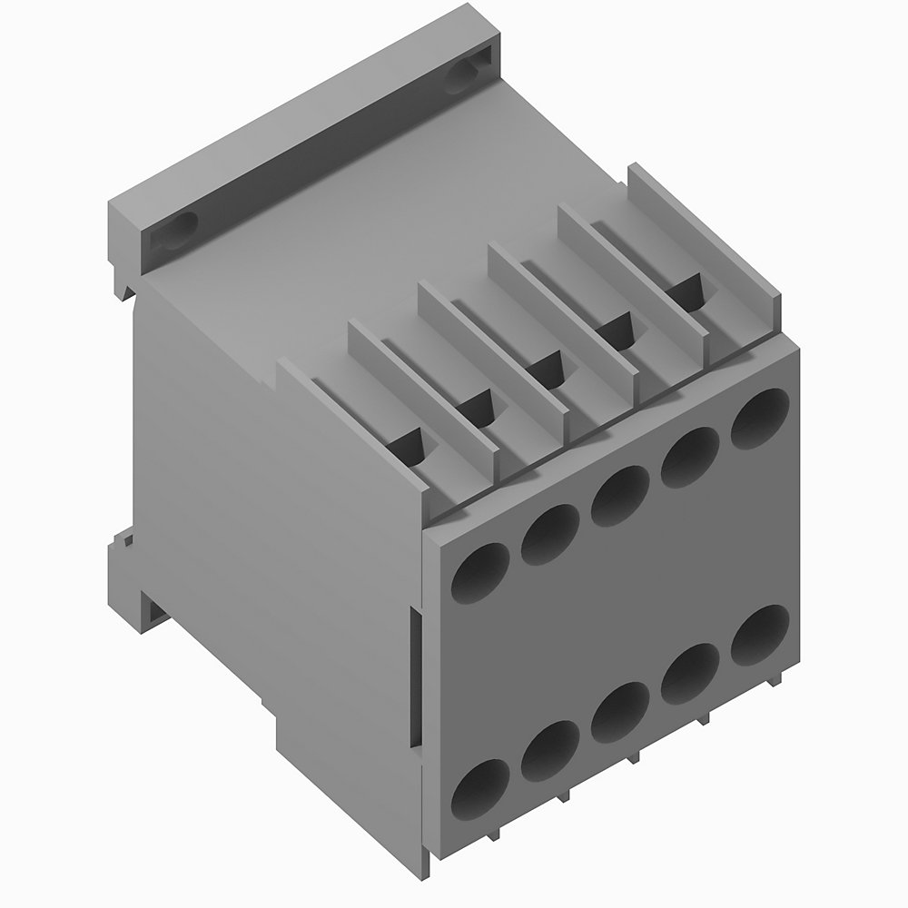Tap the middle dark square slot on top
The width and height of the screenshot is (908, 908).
click(x=548, y=368)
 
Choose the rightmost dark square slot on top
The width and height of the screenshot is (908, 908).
click(x=686, y=291)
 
